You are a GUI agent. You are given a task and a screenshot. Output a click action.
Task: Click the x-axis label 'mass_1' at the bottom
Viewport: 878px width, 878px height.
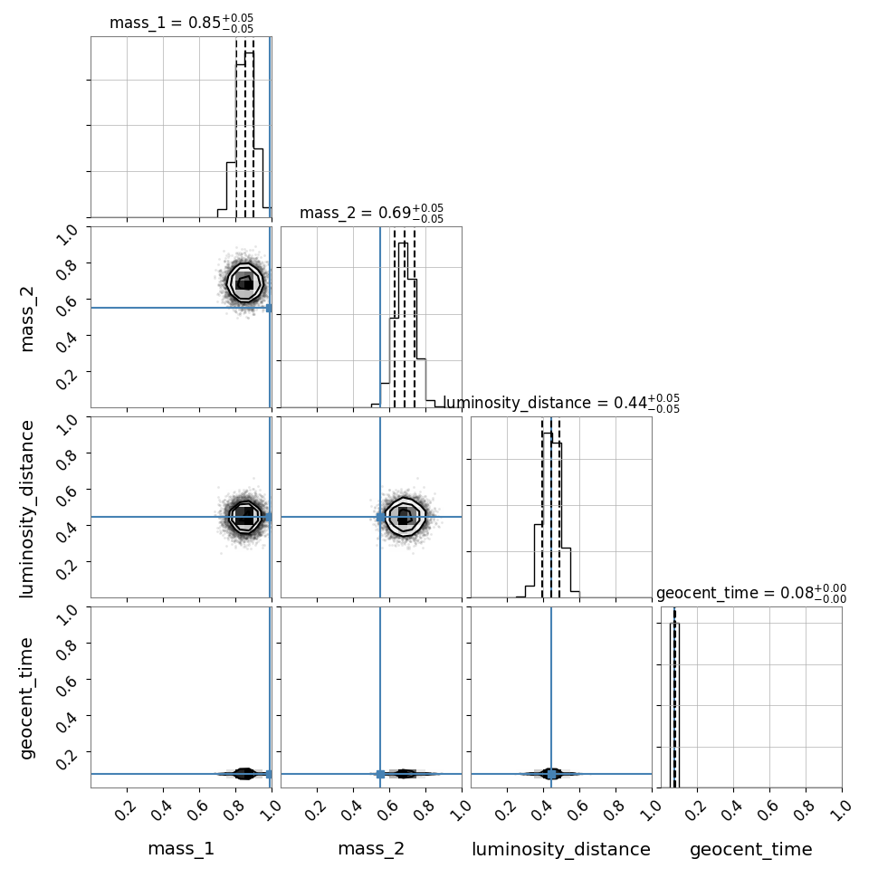tap(181, 849)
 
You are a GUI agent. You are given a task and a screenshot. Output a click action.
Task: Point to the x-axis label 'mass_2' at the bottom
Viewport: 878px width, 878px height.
tap(371, 849)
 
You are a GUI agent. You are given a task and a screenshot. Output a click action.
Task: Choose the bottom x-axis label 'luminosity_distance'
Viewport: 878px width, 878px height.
tap(561, 849)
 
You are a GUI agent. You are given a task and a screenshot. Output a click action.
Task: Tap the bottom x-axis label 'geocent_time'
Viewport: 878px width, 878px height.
tap(751, 849)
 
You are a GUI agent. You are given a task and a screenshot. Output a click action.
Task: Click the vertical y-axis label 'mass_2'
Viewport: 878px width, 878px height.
tap(27, 319)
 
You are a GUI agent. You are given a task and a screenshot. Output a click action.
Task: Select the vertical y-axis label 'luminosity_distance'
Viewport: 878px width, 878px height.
tap(27, 509)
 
